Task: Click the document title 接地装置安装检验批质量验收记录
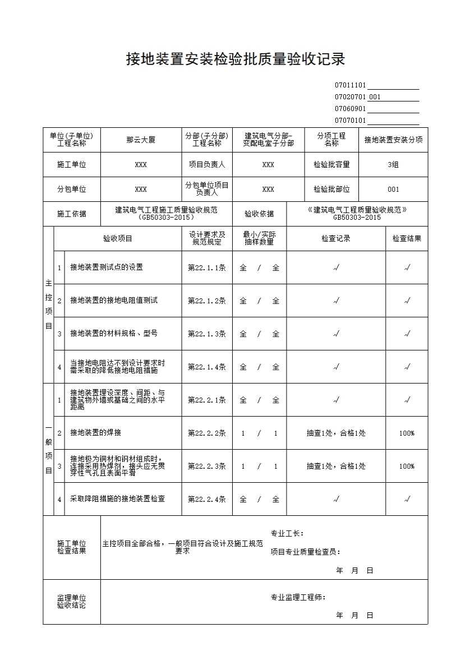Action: (x=235, y=59)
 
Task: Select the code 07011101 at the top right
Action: (x=350, y=85)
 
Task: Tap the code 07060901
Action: (x=350, y=109)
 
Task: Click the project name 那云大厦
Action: (x=140, y=140)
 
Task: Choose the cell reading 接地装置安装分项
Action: (x=393, y=140)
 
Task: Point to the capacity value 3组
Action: (x=393, y=165)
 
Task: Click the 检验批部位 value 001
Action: (x=393, y=190)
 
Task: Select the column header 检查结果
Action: (x=407, y=238)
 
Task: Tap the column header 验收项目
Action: (x=118, y=238)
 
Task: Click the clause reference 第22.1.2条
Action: (x=206, y=301)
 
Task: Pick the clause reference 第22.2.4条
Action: (x=206, y=499)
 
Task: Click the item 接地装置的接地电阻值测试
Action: (x=114, y=301)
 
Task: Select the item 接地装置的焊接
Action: (x=95, y=433)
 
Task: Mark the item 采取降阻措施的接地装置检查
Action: (x=117, y=499)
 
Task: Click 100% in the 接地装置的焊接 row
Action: (x=407, y=433)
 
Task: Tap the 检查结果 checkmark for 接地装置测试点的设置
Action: (x=407, y=267)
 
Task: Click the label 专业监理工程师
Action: (x=298, y=598)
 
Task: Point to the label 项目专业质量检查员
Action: (x=305, y=552)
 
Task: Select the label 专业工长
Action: (x=287, y=533)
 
